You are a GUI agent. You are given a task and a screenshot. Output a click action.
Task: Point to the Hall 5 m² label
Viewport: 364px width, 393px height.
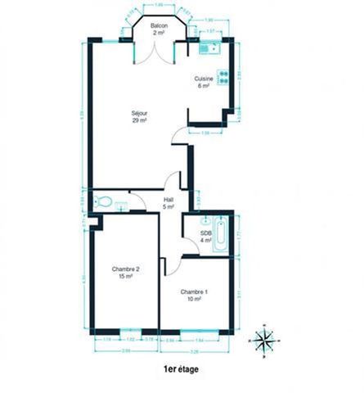tap(169, 202)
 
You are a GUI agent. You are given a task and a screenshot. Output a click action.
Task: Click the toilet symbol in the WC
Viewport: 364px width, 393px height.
tap(103, 201)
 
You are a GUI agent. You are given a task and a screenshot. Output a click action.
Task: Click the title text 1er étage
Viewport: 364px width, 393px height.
tap(181, 369)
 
